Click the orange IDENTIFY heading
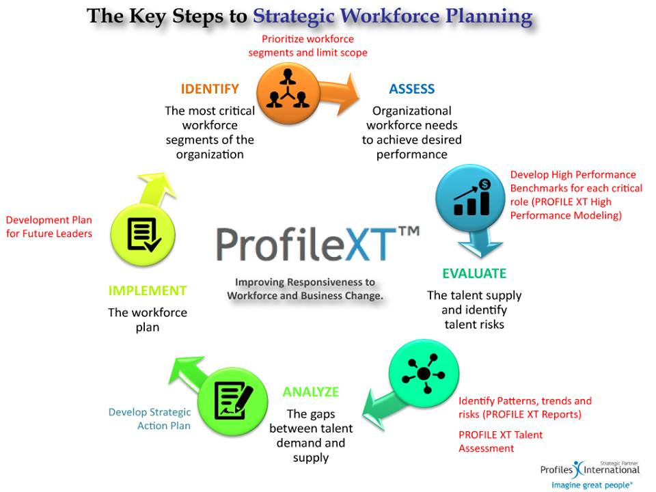[210, 89]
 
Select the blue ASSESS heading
[411, 89]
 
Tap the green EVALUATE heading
[474, 273]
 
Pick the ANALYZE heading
[311, 392]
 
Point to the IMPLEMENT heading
[148, 290]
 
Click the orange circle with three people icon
[288, 94]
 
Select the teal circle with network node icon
[424, 373]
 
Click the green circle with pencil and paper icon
[232, 401]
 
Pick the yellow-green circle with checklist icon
[143, 234]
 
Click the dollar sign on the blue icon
[485, 184]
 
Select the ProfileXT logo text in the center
[318, 244]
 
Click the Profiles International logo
[590, 475]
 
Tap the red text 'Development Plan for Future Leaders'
[49, 226]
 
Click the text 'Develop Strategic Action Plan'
[150, 419]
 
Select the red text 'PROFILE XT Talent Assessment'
[500, 441]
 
